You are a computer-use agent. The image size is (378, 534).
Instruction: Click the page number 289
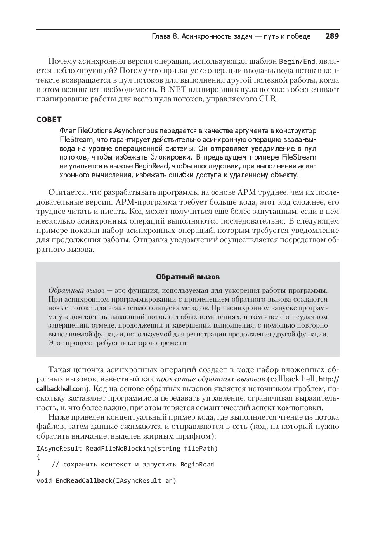pyautogui.click(x=332, y=36)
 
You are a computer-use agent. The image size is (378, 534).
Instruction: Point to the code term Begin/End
pyautogui.click(x=297, y=61)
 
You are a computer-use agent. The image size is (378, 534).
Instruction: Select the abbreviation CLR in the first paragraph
pyautogui.click(x=268, y=99)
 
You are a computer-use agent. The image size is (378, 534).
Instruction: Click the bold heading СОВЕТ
pyautogui.click(x=49, y=120)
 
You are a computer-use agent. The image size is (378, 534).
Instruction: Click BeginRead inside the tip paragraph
pyautogui.click(x=151, y=166)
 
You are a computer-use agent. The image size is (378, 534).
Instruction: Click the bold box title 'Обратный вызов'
pyautogui.click(x=188, y=277)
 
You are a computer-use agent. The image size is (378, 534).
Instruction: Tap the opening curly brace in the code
pyautogui.click(x=38, y=457)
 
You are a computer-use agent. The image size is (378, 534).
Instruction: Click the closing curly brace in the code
pyautogui.click(x=38, y=473)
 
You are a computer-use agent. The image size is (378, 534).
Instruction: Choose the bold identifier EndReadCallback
pyautogui.click(x=83, y=481)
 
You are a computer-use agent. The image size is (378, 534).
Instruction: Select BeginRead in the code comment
pyautogui.click(x=197, y=465)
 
